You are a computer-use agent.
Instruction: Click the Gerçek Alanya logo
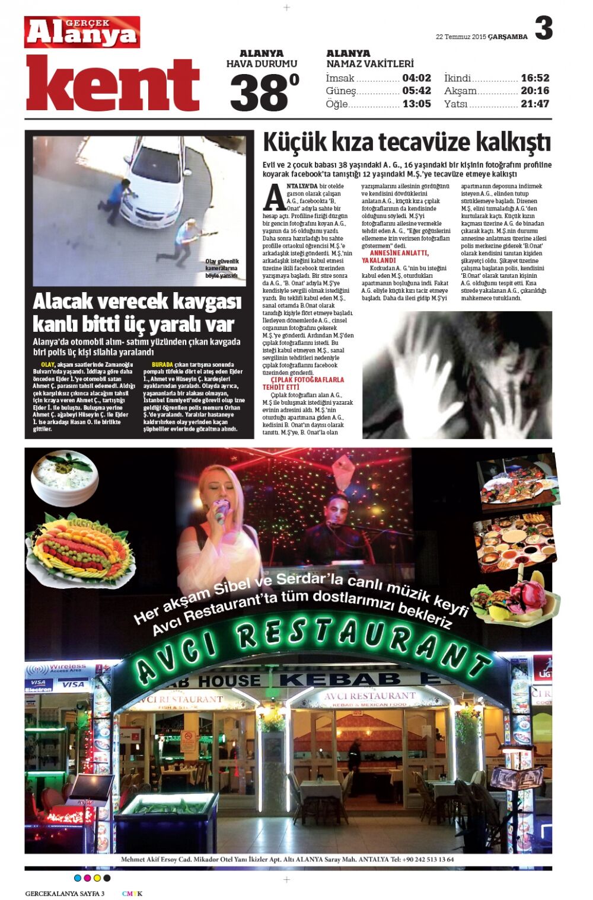(82, 32)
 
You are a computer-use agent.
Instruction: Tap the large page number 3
(543, 28)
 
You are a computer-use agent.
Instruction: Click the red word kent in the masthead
(113, 85)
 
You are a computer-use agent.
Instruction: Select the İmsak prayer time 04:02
(416, 78)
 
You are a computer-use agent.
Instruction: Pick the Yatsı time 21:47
(535, 104)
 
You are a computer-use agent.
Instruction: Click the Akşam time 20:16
(535, 91)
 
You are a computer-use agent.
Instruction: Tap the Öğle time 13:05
(416, 104)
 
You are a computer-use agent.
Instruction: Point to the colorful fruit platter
(79, 549)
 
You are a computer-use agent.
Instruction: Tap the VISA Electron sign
(39, 685)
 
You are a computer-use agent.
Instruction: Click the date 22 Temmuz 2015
(461, 37)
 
